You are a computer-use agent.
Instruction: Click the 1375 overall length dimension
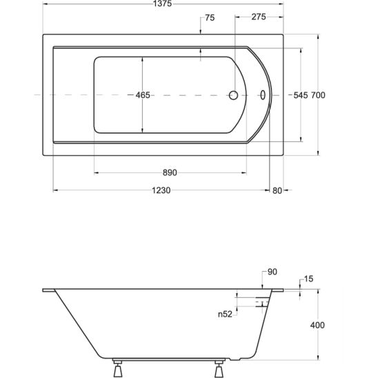[163, 3]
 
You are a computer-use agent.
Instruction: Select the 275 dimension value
[259, 17]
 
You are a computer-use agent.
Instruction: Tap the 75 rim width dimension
[210, 18]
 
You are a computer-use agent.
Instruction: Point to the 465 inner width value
[143, 95]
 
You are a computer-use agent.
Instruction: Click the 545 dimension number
[301, 95]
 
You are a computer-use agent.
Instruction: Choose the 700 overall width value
[318, 95]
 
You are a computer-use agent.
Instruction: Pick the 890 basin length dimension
[170, 172]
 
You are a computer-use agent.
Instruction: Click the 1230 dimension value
[161, 190]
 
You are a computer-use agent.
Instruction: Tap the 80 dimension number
[277, 190]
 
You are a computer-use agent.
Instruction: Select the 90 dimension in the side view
[272, 272]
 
